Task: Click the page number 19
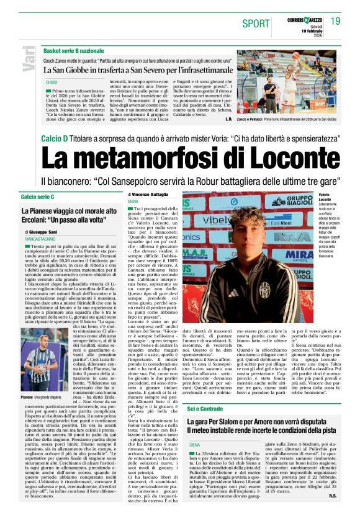click(336, 22)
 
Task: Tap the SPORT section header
click(256, 24)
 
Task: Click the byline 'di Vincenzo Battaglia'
click(147, 195)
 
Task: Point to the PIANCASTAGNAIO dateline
click(43, 238)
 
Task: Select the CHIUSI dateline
click(52, 81)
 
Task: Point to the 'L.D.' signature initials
click(228, 118)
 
